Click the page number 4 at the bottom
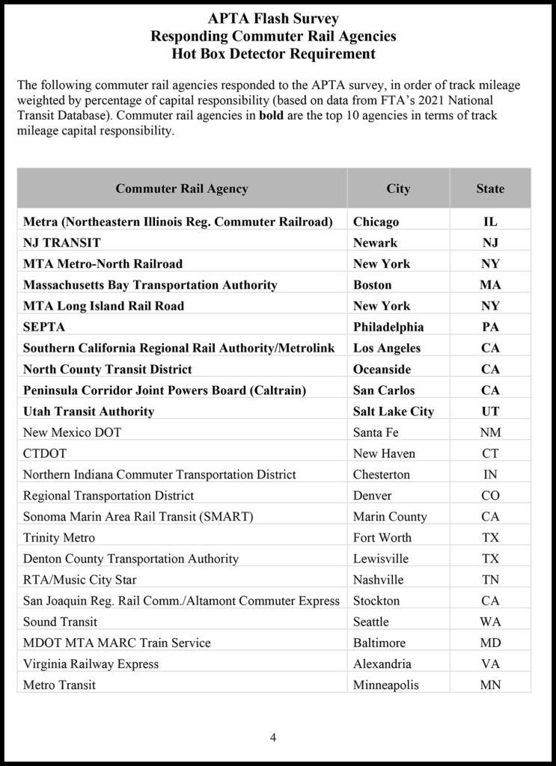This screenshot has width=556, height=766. coord(273,738)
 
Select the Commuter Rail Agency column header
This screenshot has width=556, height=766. coord(181,189)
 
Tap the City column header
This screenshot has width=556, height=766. coord(398,189)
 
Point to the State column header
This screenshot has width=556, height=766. coord(490,189)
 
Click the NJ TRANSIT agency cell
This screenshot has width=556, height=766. coord(62,242)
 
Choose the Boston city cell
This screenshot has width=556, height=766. coord(372,284)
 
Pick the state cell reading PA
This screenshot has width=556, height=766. coord(490,327)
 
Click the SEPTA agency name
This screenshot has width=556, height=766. coord(44,327)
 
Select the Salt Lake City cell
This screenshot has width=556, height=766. coord(393,411)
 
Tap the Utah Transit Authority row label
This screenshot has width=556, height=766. coord(88,411)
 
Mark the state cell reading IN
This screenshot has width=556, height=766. coord(490,474)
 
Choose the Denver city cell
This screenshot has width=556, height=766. coord(373,495)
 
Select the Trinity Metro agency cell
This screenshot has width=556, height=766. coord(59,537)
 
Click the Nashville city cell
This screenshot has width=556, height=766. coord(378,580)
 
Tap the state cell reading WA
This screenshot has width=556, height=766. coord(490,622)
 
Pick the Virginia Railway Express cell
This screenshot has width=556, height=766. coord(91,664)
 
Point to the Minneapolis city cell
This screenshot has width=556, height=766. coord(385,684)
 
